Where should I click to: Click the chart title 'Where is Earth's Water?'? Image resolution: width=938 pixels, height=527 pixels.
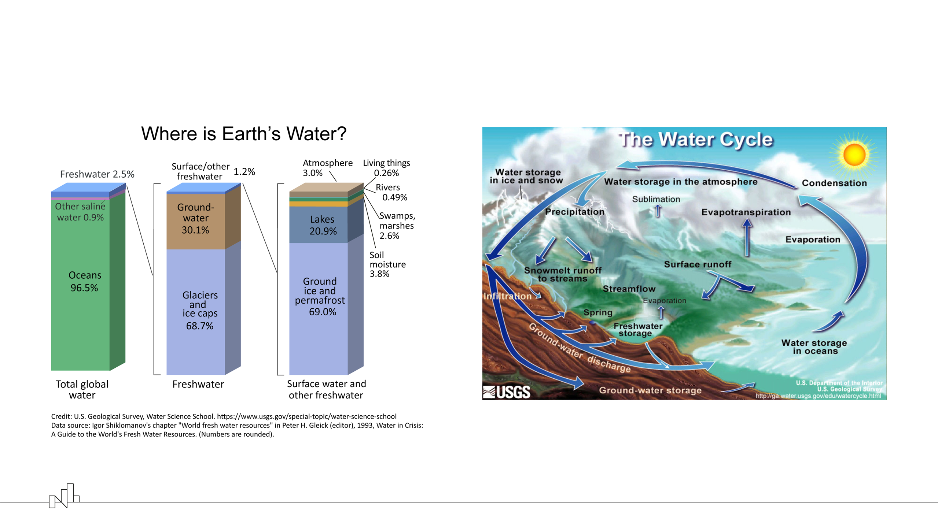point(244,134)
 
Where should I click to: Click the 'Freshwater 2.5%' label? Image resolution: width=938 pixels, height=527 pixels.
point(97,174)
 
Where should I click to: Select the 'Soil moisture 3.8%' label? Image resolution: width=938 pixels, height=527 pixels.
point(387,264)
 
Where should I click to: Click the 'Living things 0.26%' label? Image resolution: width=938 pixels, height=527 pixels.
point(386,168)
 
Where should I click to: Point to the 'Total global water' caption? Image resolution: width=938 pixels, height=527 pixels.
point(82,389)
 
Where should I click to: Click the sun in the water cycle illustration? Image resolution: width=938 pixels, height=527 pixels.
point(854,154)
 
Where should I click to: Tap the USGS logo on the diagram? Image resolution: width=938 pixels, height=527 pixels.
point(507,392)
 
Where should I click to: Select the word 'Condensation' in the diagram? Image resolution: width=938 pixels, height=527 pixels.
point(834,183)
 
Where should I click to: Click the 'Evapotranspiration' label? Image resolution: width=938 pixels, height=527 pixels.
point(746,212)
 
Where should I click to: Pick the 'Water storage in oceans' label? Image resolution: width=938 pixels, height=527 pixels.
point(814,347)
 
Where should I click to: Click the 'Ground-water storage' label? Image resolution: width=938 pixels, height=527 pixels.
point(650,390)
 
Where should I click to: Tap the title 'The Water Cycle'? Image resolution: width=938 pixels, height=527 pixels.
point(696,140)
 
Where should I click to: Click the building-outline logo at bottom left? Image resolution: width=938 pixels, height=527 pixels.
point(64,496)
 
